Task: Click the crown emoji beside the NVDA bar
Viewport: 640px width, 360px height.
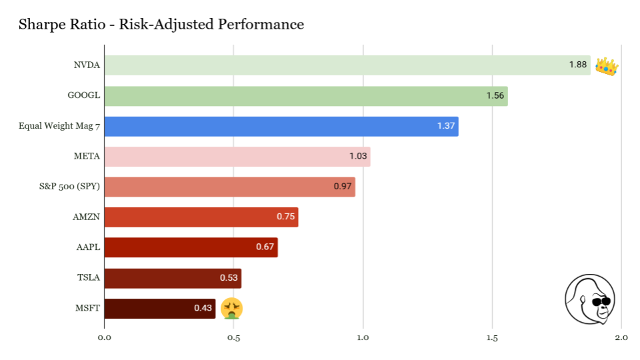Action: (x=607, y=66)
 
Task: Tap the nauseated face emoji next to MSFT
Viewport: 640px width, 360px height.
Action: (x=232, y=308)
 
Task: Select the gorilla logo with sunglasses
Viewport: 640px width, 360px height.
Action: (x=589, y=299)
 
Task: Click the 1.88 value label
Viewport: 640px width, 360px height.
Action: (x=577, y=65)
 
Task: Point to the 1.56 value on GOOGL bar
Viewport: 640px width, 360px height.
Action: (x=495, y=95)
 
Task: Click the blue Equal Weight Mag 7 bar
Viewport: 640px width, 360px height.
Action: (x=281, y=126)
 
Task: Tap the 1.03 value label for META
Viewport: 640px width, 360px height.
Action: (x=358, y=156)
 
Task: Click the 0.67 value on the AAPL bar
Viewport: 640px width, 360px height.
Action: (x=265, y=247)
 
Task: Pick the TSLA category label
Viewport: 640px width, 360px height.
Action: (x=89, y=277)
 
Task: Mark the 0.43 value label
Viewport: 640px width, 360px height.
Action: (x=203, y=308)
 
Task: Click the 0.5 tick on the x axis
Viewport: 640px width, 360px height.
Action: (x=233, y=338)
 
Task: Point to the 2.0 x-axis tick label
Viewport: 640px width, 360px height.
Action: (x=621, y=338)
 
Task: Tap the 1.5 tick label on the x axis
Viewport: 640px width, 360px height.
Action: (x=492, y=338)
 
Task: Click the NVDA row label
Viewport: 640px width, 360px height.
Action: (x=87, y=65)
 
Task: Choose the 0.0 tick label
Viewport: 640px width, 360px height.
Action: (x=104, y=338)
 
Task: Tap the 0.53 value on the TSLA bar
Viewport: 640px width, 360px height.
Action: (x=229, y=277)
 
